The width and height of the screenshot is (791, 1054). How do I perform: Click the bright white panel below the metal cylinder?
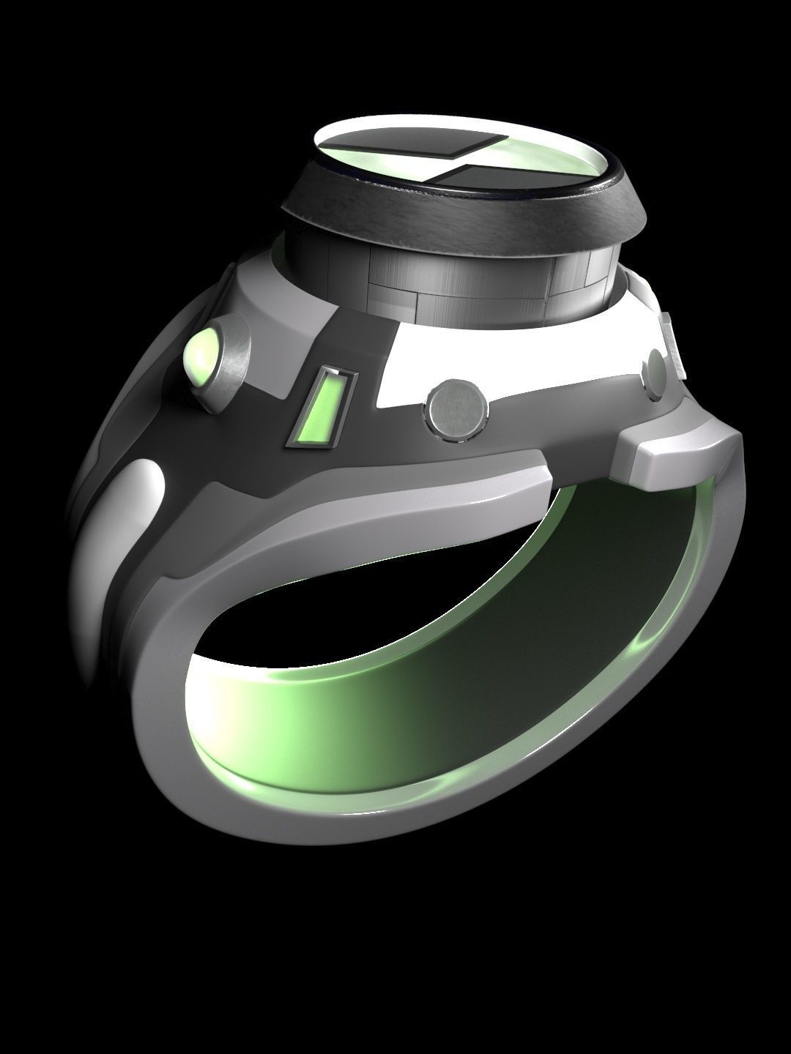pos(513,366)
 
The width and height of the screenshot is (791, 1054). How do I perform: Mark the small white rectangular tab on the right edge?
pos(672,344)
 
